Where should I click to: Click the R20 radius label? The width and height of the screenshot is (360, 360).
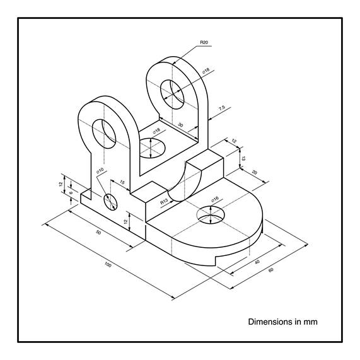[204, 42]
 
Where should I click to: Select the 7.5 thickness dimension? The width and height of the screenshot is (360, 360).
[222, 108]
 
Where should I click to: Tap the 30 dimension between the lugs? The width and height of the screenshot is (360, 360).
[181, 125]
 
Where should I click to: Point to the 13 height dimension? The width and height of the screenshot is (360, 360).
[243, 158]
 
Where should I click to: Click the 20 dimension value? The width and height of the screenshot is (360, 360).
[255, 172]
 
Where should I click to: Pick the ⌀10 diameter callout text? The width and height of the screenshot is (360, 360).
[100, 170]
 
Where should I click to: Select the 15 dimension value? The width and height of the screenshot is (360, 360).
[122, 182]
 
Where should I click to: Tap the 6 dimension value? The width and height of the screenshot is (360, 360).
[71, 193]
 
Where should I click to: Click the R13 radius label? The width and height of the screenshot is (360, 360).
[164, 202]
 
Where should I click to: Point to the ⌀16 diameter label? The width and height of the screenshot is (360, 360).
[215, 199]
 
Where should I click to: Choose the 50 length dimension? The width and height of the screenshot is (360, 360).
[98, 233]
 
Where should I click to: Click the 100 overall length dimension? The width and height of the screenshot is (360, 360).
[108, 265]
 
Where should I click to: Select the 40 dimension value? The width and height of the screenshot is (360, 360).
[257, 262]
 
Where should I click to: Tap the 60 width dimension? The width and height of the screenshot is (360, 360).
[271, 270]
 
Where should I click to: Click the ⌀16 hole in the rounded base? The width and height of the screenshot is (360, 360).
[211, 214]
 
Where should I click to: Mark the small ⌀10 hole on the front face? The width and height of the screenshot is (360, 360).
[110, 202]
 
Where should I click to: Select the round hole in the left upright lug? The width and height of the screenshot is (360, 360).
[104, 134]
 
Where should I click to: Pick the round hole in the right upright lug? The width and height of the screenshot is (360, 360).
[172, 95]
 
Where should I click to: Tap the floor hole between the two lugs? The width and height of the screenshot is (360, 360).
[152, 148]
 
